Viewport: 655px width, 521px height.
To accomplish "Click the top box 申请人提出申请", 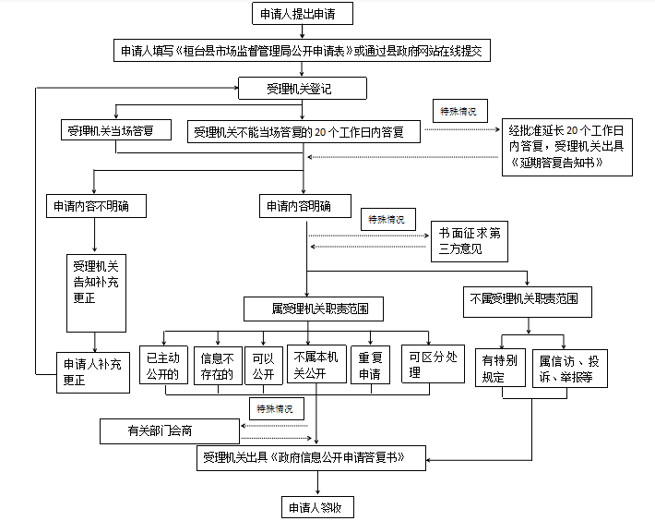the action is (303, 14).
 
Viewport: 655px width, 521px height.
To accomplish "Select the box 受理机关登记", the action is (303, 89).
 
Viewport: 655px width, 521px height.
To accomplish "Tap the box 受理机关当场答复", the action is (116, 130).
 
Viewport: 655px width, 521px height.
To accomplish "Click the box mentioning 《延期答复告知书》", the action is (566, 147).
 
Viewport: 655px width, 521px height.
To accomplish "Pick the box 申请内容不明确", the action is (96, 206).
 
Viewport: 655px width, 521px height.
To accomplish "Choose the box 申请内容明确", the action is (305, 206).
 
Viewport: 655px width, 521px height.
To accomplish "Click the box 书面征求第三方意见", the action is (470, 242).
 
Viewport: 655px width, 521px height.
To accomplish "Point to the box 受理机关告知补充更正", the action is (96, 293).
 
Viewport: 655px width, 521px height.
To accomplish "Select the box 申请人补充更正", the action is (93, 372).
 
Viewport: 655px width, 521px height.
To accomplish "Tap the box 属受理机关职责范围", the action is (314, 309).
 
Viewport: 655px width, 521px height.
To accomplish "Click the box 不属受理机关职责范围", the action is (528, 302).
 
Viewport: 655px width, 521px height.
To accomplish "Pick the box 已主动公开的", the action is (163, 365).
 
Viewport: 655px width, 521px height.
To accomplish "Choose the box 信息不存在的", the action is (218, 366).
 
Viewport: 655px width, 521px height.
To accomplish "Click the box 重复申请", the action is (371, 365).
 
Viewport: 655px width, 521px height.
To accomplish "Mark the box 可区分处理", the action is (433, 364).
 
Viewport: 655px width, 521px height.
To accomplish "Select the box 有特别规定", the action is (500, 368).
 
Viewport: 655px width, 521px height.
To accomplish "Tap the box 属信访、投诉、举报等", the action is (570, 369).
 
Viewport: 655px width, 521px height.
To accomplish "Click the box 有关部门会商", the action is (170, 431).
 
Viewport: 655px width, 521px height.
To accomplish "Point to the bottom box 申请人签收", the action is (317, 507).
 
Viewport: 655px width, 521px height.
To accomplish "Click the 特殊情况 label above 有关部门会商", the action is (277, 408).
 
